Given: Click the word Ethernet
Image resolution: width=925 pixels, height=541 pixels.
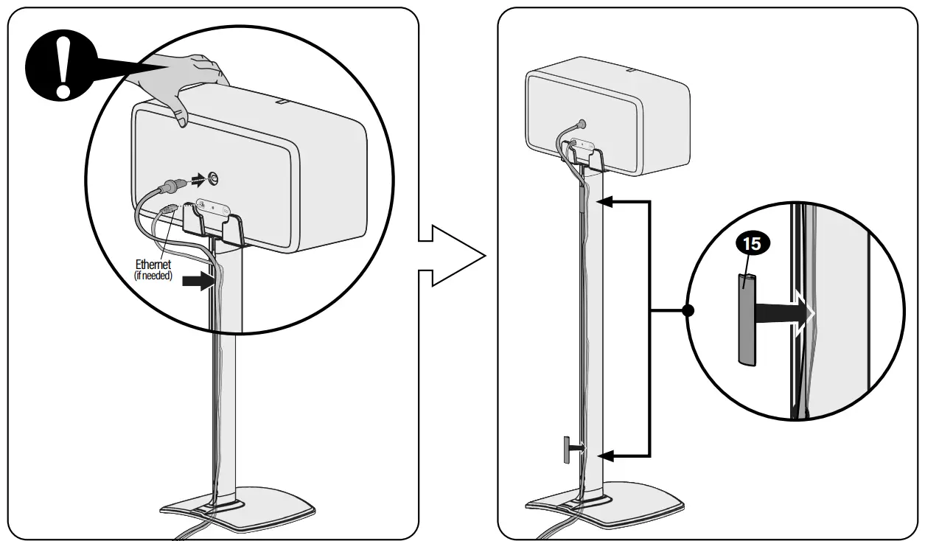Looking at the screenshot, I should coord(153,265).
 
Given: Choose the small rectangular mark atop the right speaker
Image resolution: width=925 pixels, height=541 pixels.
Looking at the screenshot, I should coord(632,70).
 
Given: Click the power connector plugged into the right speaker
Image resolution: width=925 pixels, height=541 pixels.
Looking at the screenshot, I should coord(582,125).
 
